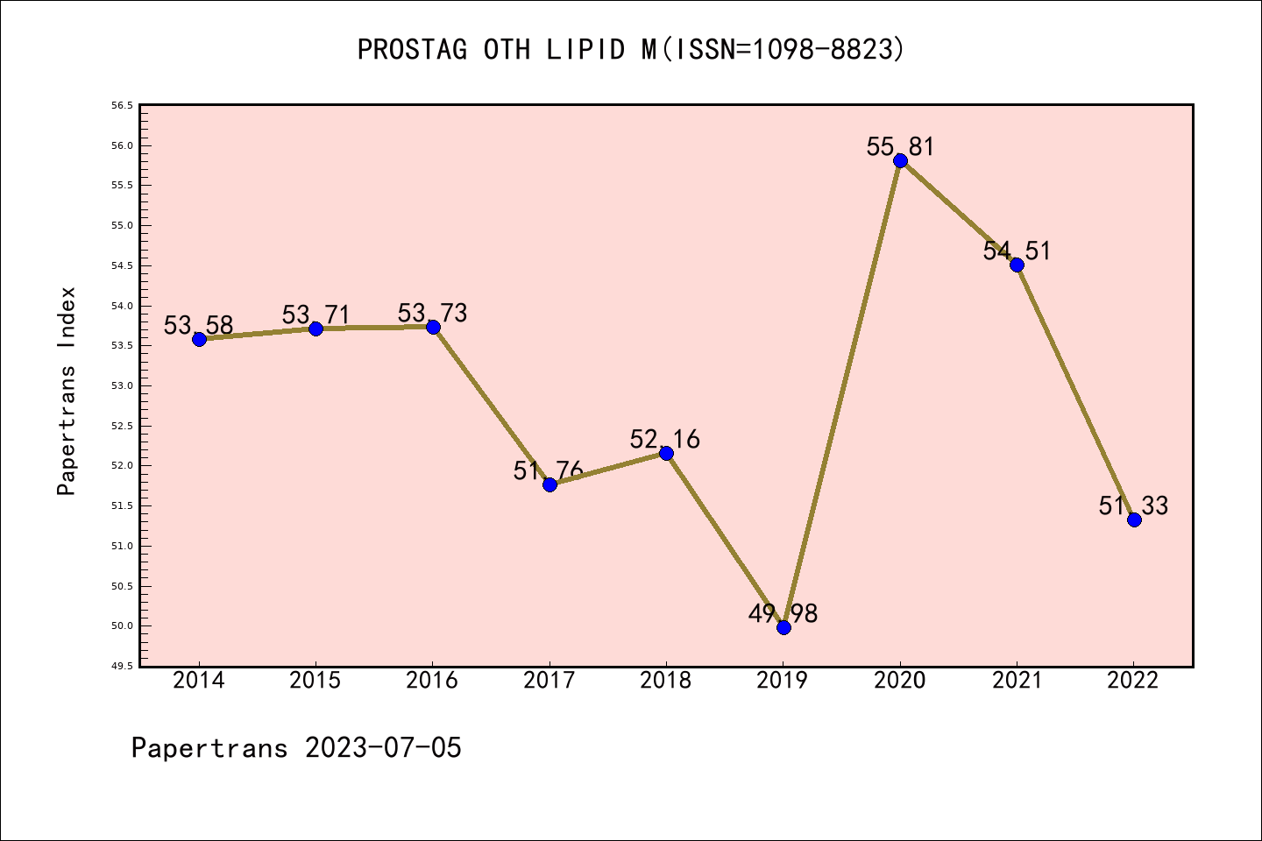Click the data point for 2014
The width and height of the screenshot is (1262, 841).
click(x=199, y=339)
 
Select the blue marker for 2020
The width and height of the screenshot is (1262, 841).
click(x=900, y=160)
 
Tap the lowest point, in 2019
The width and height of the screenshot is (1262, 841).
click(x=783, y=627)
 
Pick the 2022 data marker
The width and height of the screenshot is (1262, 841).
click(x=1134, y=519)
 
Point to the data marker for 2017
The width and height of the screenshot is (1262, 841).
click(x=549, y=484)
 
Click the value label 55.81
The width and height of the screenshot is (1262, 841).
click(x=900, y=146)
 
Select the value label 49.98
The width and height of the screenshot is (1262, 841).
click(x=783, y=613)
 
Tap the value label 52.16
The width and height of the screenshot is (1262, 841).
click(x=665, y=439)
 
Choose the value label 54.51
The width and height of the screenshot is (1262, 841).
click(x=1017, y=251)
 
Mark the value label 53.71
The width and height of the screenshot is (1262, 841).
click(x=315, y=314)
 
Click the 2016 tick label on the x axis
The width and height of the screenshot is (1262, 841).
click(x=432, y=681)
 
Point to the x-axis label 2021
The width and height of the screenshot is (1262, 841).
click(x=1017, y=681)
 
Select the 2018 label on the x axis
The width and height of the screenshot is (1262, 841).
click(x=666, y=681)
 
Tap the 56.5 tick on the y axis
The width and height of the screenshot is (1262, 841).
click(x=122, y=106)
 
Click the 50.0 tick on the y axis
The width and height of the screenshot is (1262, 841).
click(x=122, y=626)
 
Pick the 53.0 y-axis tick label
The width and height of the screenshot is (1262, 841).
click(x=122, y=385)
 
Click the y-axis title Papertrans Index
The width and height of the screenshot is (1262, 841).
click(x=67, y=391)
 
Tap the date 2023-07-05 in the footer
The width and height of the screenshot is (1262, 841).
click(x=383, y=748)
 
